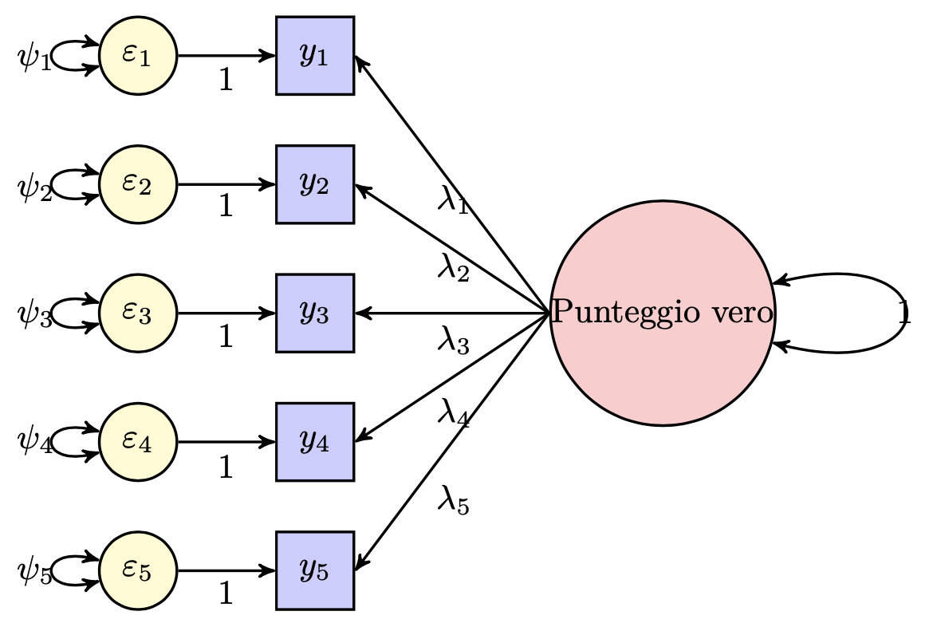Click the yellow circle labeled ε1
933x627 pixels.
(137, 56)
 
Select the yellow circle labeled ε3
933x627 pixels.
(137, 313)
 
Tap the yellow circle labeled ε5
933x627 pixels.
(137, 570)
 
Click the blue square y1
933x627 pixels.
(315, 56)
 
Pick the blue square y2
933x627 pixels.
(315, 184)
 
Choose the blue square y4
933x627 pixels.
(315, 441)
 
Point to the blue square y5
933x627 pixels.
(315, 570)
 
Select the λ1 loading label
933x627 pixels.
(452, 199)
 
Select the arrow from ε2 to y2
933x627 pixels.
(226, 184)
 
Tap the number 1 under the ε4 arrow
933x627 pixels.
(226, 466)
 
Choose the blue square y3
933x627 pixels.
(315, 313)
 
